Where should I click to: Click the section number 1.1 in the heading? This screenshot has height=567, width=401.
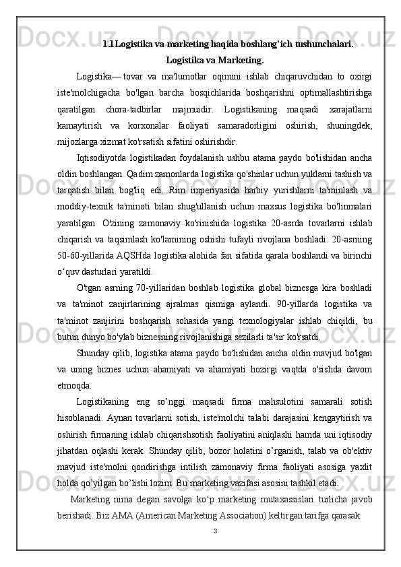pos(109,44)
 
